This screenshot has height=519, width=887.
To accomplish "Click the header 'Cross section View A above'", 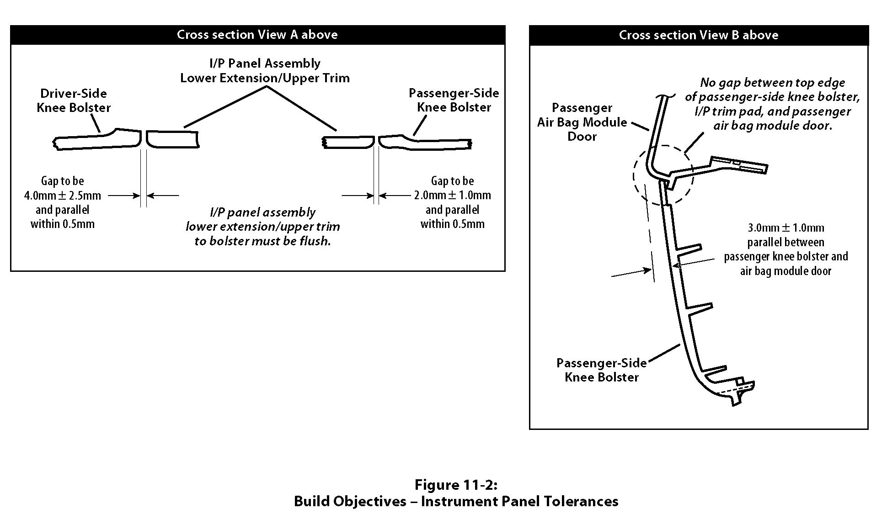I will [x=257, y=35].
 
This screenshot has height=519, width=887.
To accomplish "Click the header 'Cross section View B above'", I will [x=698, y=35].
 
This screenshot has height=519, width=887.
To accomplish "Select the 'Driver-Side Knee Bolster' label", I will [x=74, y=101].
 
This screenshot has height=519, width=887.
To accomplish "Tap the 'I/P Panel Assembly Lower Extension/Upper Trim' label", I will [x=265, y=70].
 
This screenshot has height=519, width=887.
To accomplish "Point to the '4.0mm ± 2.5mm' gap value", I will [x=63, y=196].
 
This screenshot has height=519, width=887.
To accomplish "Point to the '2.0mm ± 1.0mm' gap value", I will [x=452, y=196].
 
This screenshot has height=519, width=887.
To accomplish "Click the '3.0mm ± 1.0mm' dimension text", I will [x=785, y=228].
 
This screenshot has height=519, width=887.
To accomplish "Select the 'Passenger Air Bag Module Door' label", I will [x=582, y=122].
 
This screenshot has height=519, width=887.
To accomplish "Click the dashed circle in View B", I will [x=635, y=176].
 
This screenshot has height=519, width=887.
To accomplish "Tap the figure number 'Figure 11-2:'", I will [x=456, y=484].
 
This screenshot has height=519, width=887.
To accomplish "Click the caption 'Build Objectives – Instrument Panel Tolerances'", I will [x=456, y=501].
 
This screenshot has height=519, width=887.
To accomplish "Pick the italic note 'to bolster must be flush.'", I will [x=262, y=241].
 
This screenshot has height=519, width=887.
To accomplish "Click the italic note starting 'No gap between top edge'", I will [x=772, y=83].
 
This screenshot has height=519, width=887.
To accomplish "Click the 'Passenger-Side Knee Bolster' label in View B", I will [x=601, y=370].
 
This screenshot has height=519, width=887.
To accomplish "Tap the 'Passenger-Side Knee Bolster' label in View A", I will [x=454, y=100].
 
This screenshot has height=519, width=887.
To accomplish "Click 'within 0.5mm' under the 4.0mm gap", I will [x=63, y=224].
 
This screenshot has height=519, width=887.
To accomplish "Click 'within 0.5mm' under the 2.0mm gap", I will [x=452, y=224].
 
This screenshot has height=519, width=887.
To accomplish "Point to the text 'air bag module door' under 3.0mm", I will [x=785, y=271].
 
